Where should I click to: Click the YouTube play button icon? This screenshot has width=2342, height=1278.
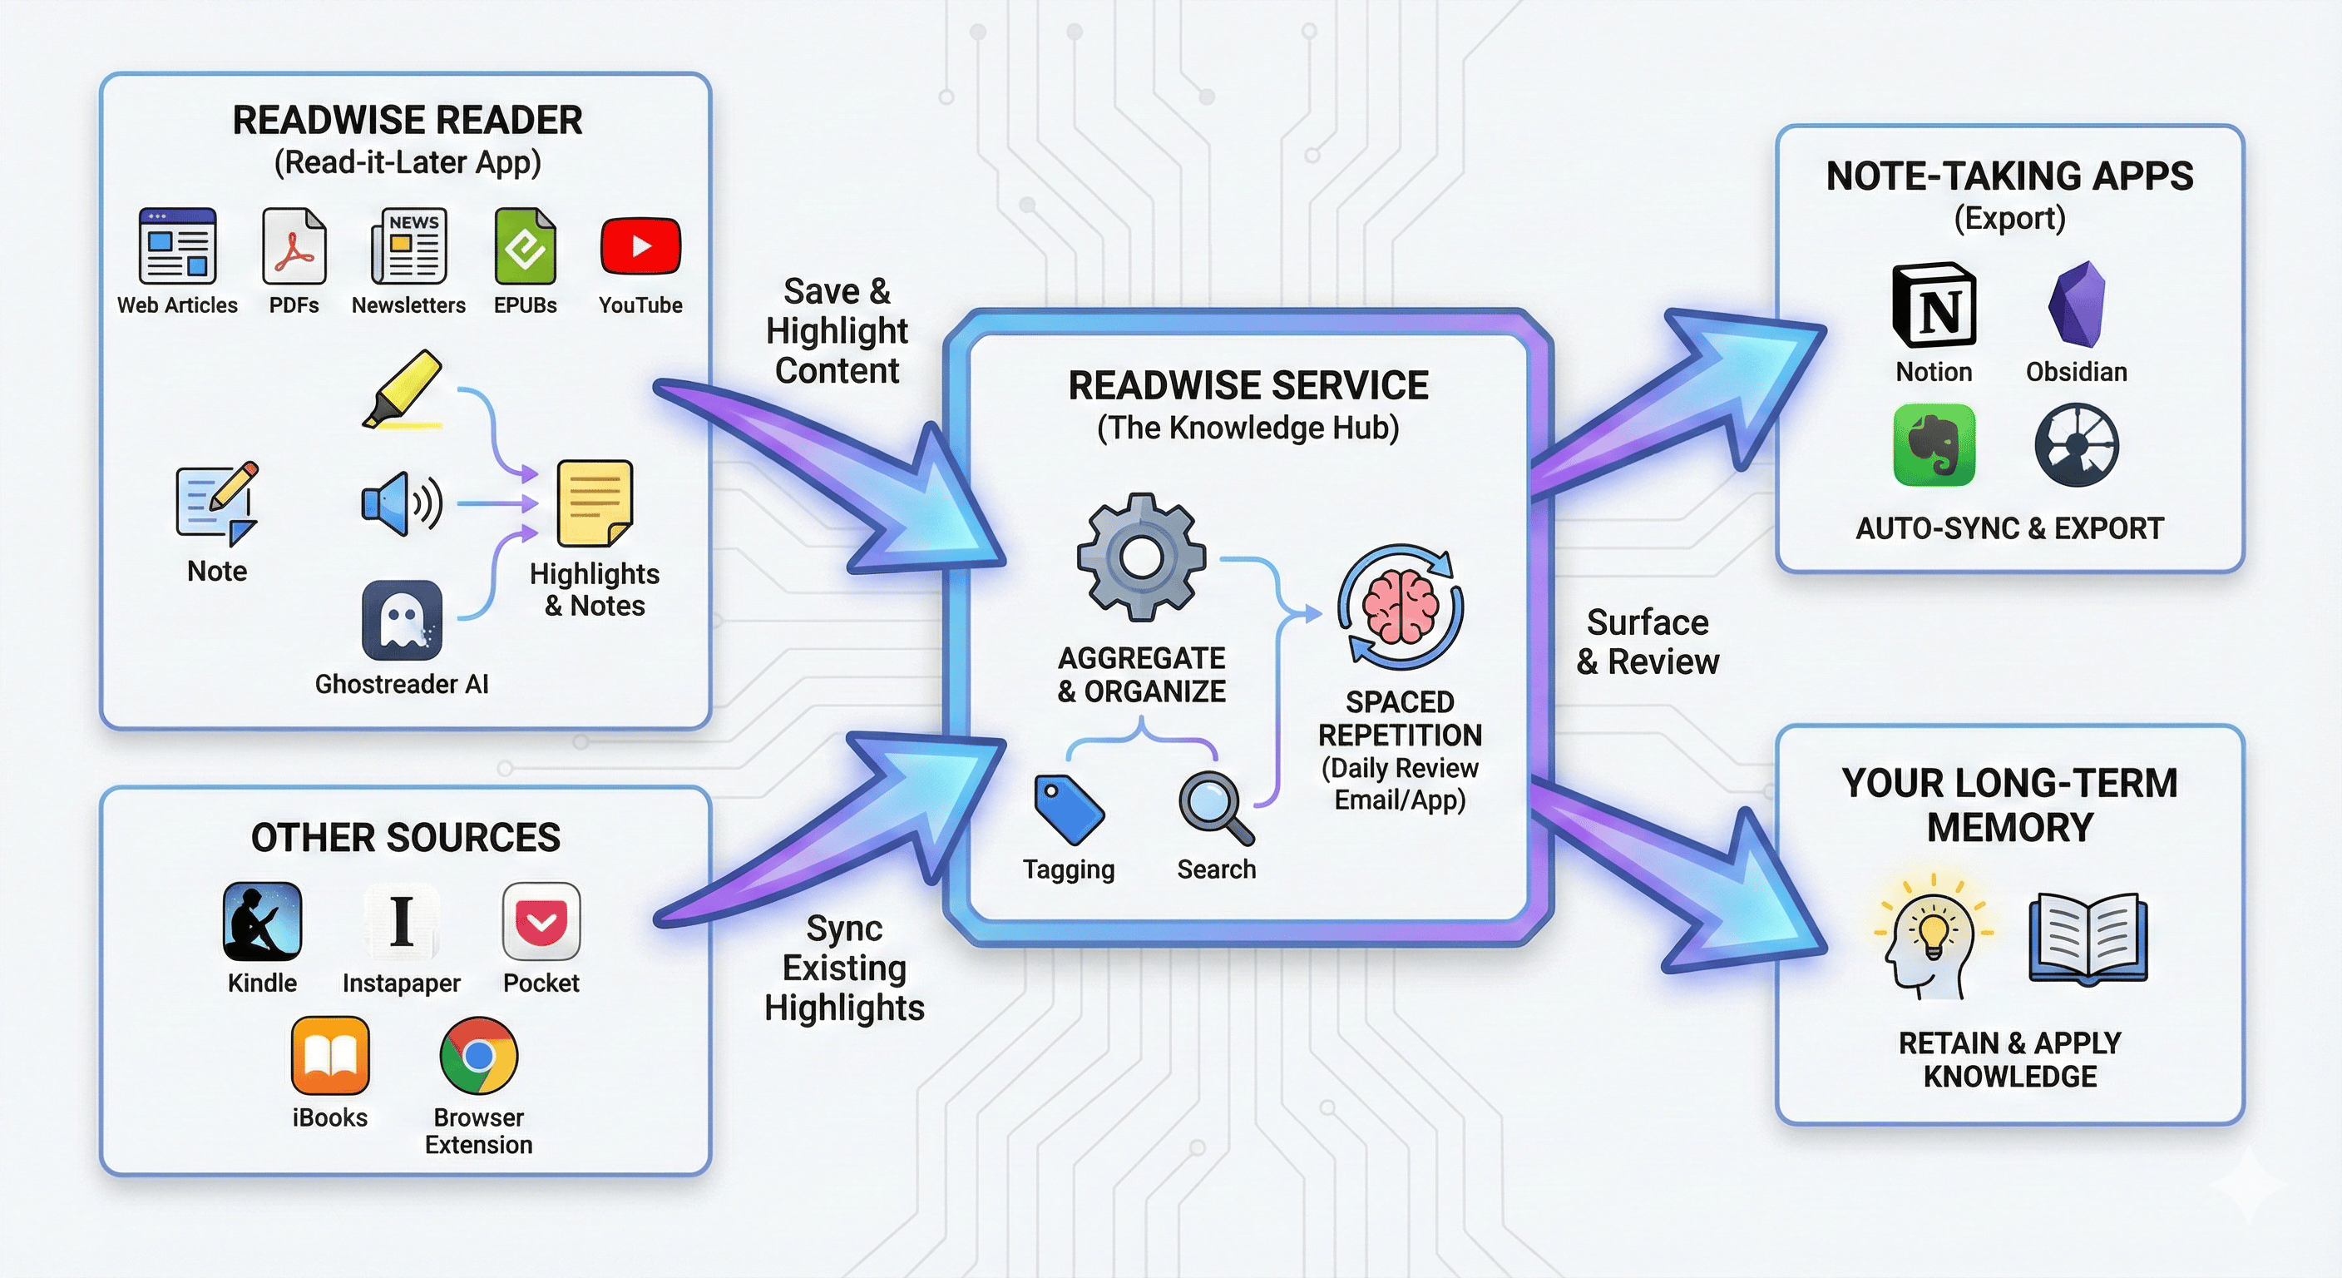pos(640,245)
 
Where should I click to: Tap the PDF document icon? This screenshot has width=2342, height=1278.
pos(294,245)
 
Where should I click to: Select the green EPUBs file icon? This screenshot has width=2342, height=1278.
pos(525,245)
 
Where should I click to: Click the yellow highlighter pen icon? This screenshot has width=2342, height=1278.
pos(403,389)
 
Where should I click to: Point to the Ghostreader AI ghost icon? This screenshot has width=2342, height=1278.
pos(402,621)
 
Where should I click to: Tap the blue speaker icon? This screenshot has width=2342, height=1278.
pos(401,503)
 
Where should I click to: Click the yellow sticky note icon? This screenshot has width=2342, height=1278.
pos(595,503)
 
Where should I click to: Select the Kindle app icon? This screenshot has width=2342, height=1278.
pos(262,921)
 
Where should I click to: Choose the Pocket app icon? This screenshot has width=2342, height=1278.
pos(541,921)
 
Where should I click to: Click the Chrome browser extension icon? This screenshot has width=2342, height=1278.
pos(478,1055)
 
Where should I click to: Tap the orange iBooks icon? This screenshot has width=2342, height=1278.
pos(330,1055)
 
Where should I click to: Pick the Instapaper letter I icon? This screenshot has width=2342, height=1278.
pos(401,921)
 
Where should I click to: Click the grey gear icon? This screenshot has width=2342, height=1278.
pos(1141,557)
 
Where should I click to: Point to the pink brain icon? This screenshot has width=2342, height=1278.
pos(1400,607)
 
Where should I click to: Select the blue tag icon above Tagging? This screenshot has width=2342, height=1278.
pos(1068,809)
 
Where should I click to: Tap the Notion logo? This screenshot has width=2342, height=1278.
pos(1934,305)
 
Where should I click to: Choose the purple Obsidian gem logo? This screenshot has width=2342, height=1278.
pos(2077,305)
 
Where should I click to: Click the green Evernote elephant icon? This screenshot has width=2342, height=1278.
pos(1934,446)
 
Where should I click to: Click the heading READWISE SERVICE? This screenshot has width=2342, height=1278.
pos(1248,386)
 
